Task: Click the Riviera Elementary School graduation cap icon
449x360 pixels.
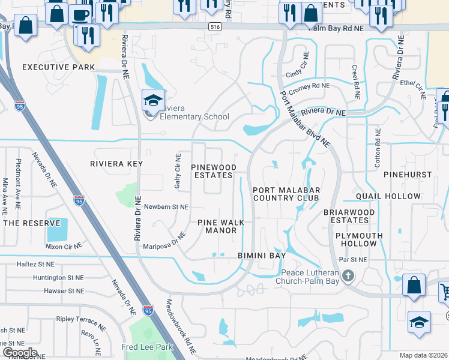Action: click(x=153, y=100)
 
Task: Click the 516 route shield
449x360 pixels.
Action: click(x=215, y=27)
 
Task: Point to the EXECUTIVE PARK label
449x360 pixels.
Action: click(x=59, y=67)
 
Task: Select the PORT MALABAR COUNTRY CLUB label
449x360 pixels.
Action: click(x=286, y=193)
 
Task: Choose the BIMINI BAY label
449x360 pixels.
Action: click(x=261, y=256)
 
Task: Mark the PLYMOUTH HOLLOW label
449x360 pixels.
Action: click(x=359, y=239)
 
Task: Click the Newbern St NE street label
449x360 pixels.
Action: click(x=166, y=206)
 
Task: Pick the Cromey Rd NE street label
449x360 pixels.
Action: click(x=309, y=88)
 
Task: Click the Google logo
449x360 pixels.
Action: click(x=19, y=353)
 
